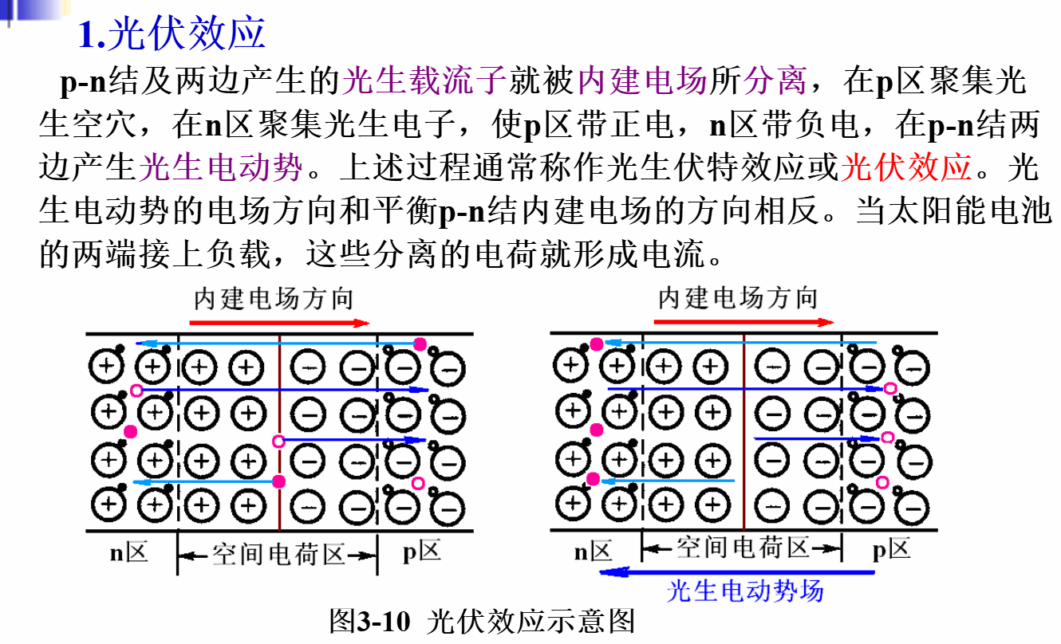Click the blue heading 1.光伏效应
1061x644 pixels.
[x=172, y=33]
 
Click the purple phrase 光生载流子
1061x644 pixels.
[x=424, y=80]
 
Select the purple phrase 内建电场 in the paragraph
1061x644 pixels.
[x=643, y=80]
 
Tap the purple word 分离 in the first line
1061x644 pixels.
[x=775, y=80]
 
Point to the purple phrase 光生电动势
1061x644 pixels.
[x=220, y=167]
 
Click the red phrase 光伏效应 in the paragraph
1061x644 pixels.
[x=905, y=167]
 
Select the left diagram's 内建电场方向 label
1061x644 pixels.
[x=274, y=299]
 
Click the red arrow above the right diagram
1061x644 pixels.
[x=743, y=322]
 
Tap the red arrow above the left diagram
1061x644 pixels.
[x=279, y=323]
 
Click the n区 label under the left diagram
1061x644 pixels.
[x=129, y=552]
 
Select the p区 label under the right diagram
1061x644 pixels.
[x=891, y=550]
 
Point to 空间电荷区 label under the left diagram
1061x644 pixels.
[x=278, y=554]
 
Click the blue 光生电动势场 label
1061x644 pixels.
[x=745, y=591]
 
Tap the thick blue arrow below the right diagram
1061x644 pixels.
[x=737, y=572]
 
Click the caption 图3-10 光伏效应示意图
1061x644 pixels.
[x=482, y=621]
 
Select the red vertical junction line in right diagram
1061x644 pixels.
[x=744, y=431]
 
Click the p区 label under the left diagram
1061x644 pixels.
[x=421, y=552]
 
